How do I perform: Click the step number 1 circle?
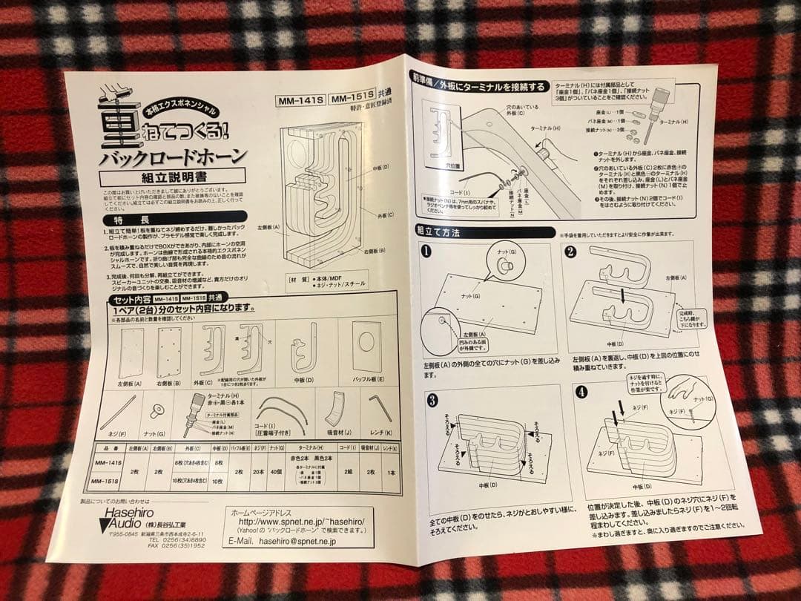point(426,251)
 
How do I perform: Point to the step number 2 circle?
point(570,251)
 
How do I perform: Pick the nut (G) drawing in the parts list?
point(156,411)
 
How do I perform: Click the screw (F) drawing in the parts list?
point(118,413)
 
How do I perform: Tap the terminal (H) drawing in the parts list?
point(198,408)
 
